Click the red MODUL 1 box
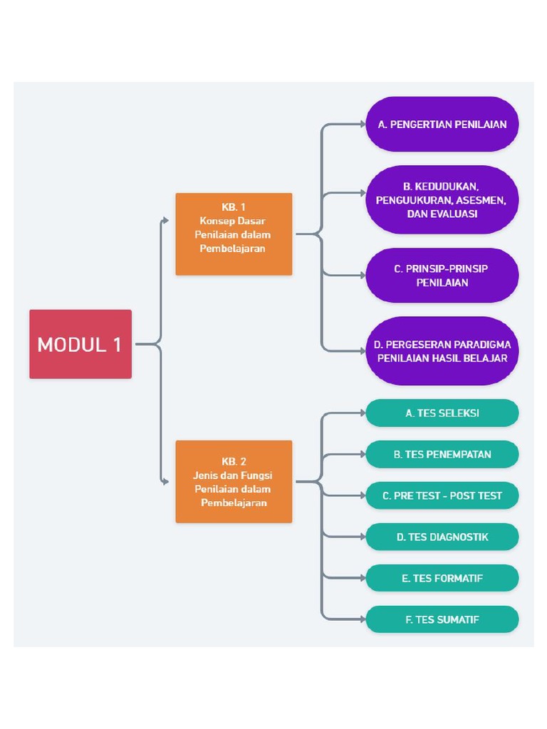point(80,344)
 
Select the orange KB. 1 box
point(234,234)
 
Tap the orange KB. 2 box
point(234,482)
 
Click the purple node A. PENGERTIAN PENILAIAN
point(442,124)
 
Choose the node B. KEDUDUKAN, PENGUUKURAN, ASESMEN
point(442,200)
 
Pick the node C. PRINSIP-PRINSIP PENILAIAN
point(442,276)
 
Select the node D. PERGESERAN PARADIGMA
point(442,351)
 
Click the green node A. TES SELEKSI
point(442,413)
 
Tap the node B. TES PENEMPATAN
point(442,454)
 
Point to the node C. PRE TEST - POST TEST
point(442,495)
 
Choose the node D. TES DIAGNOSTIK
point(442,537)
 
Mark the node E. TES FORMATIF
point(442,578)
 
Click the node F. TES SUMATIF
point(442,620)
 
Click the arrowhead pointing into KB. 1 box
point(165,221)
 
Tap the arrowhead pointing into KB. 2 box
point(165,482)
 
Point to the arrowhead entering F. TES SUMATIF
point(363,620)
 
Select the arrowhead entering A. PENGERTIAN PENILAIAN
point(363,124)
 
